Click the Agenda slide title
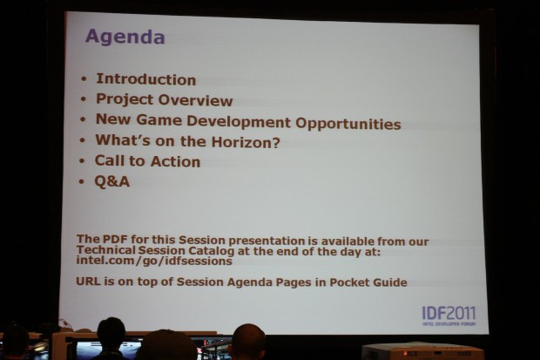[125, 38]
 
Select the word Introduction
[145, 79]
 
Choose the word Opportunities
[348, 124]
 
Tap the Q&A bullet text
[112, 181]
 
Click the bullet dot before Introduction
[84, 79]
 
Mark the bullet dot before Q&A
[84, 181]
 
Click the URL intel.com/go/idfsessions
[155, 261]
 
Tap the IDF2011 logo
[449, 315]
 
